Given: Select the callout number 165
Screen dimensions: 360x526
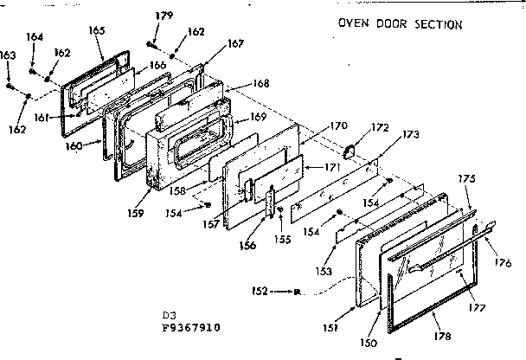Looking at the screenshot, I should tap(96, 30).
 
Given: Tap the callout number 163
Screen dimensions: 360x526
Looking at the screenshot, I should tap(8, 55).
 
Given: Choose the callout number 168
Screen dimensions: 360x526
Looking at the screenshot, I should tap(260, 84).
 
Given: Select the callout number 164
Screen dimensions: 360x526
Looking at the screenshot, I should tap(34, 36).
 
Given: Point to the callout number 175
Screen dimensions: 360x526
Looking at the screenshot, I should tap(467, 179).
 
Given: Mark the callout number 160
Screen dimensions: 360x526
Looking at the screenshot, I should tap(75, 146).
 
